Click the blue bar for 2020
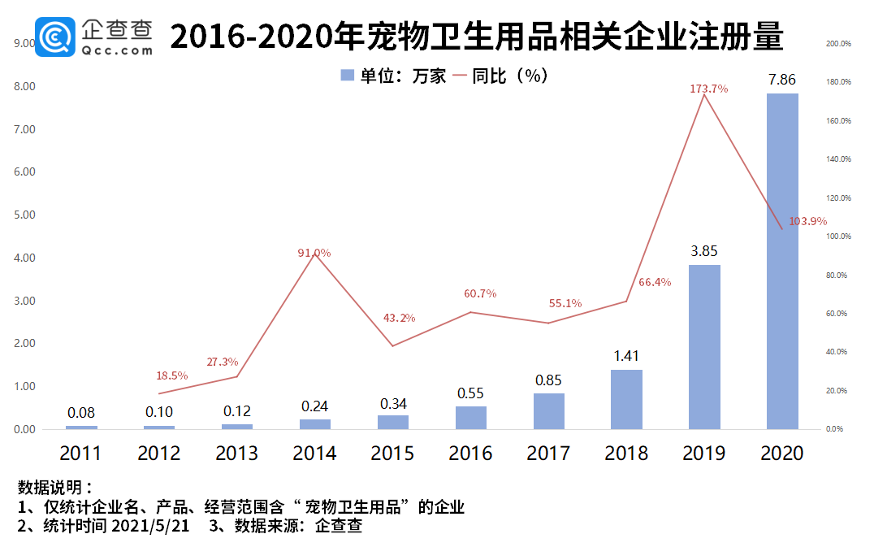[782, 261]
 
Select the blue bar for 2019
[704, 347]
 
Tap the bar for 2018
[626, 399]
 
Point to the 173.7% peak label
[703, 89]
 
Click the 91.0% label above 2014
[314, 253]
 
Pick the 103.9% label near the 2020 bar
[807, 221]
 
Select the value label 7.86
[782, 80]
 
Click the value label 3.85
[704, 251]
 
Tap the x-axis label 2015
[392, 453]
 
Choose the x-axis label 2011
[80, 453]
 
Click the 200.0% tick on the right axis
[837, 44]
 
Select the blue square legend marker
[347, 76]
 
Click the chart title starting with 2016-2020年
[477, 37]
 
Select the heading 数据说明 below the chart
[50, 488]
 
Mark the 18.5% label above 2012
[172, 376]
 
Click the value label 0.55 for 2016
[470, 393]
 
